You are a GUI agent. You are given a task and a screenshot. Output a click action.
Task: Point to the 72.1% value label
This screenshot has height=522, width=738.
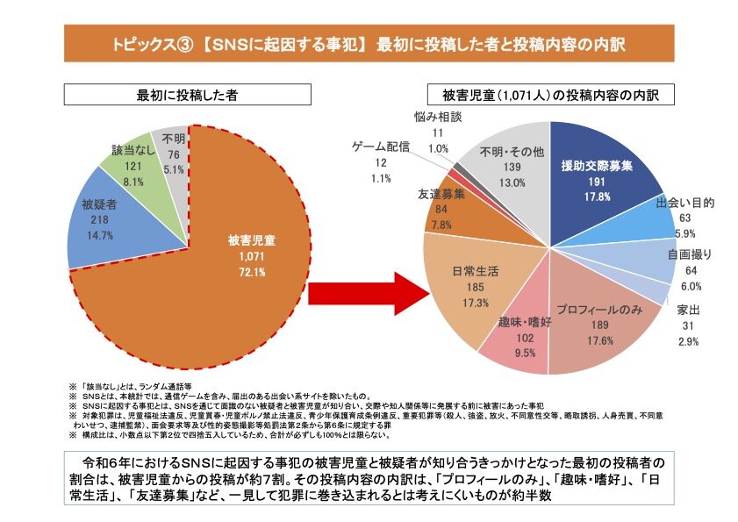pos(252,271)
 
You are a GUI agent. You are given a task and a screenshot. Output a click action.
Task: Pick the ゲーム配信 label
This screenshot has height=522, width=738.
pos(380,147)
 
